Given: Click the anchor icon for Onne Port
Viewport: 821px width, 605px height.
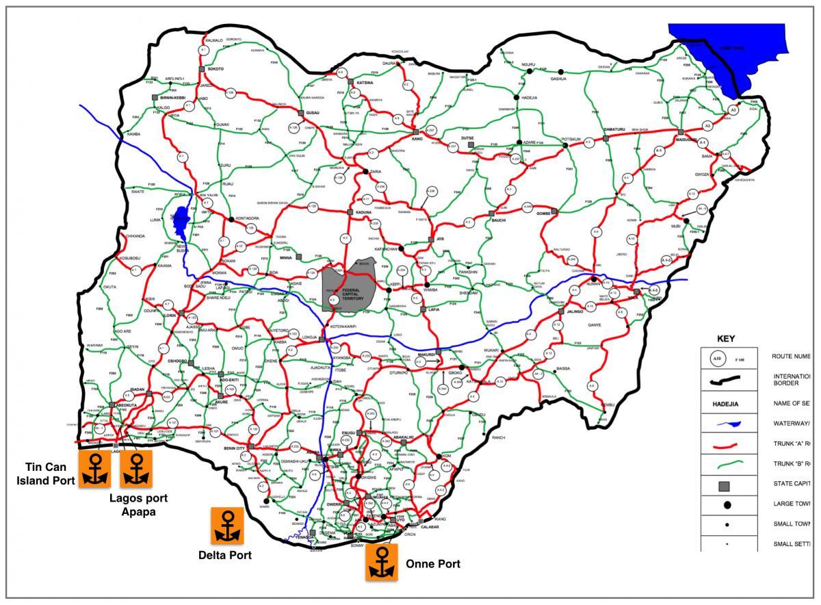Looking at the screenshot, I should click(x=382, y=562).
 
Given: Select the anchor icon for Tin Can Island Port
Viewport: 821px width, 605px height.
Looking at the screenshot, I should click(x=95, y=468).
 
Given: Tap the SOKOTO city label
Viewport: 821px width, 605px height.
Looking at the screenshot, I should click(x=216, y=69).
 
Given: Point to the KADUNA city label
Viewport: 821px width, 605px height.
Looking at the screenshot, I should click(x=363, y=213).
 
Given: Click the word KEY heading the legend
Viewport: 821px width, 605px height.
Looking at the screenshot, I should click(x=725, y=338).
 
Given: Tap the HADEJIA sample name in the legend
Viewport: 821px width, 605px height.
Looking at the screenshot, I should click(x=727, y=404).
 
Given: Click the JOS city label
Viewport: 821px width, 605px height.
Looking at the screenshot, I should click(x=440, y=240).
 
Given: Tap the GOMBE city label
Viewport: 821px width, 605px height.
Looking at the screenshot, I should click(x=542, y=214).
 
